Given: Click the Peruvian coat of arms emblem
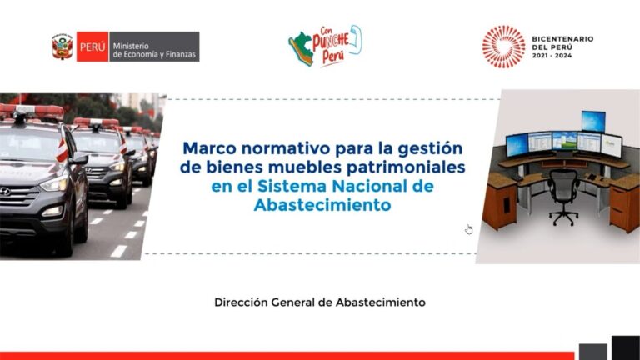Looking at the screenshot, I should coord(62,47).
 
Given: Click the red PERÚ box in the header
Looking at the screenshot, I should coord(91,47).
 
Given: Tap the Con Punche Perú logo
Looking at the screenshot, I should coord(325,47).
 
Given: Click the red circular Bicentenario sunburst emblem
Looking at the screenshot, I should coord(502,46).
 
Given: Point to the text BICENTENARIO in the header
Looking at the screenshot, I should coord(562,38).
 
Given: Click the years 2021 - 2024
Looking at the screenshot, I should coord(552,57).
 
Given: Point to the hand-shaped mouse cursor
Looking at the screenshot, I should coord(469,229).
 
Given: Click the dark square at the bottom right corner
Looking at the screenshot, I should coord(625,347).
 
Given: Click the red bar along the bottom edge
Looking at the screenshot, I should coord(283,356).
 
